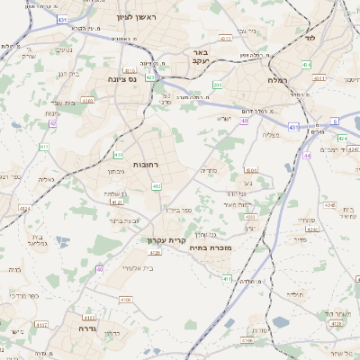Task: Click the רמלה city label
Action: tap(276, 80)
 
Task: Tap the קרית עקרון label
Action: tap(167, 240)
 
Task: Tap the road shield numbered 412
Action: tap(156, 186)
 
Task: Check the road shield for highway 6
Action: tap(334, 120)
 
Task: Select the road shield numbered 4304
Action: tap(250, 169)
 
